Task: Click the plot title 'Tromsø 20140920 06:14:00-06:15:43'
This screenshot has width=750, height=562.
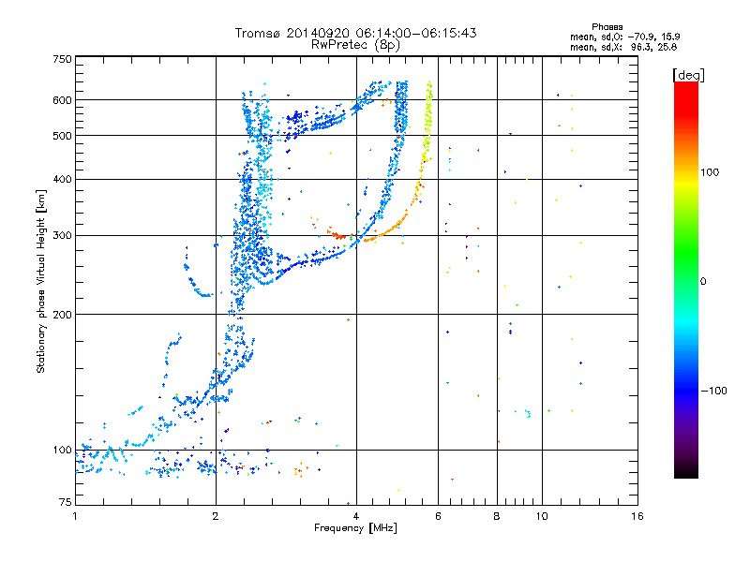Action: (355, 33)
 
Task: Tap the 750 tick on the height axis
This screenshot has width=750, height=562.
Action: (63, 59)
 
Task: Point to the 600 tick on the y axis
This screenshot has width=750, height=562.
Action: (63, 100)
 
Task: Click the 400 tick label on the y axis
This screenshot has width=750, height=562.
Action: (63, 179)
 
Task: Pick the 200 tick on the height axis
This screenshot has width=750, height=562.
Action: (63, 315)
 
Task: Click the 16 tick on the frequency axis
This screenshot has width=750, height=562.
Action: (637, 515)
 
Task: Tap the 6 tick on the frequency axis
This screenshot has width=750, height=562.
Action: (438, 515)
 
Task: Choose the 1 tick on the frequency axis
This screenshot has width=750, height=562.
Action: (75, 515)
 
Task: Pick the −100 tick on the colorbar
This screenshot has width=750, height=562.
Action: (715, 390)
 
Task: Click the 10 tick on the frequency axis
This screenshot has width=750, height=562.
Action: (542, 515)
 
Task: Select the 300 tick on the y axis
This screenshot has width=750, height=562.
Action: (63, 235)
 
